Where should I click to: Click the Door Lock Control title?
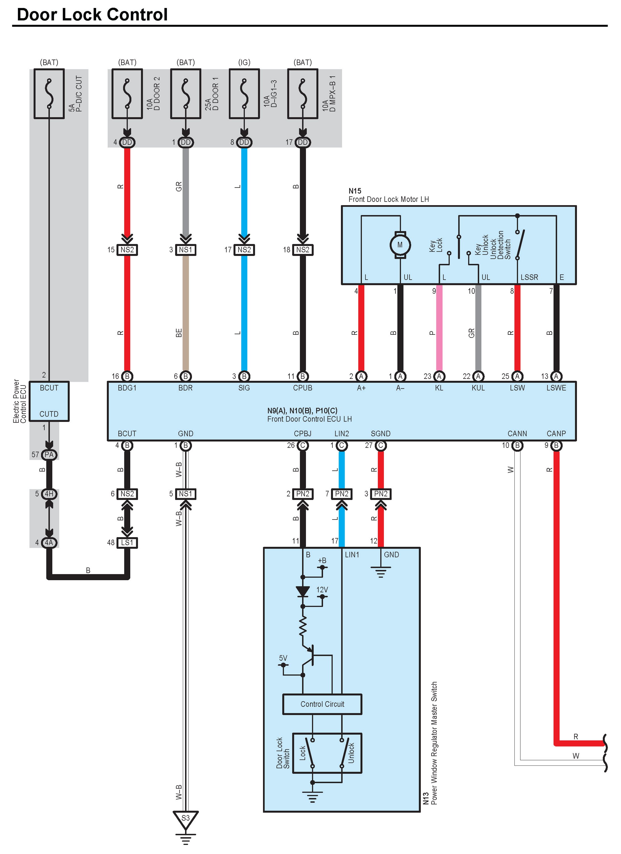pos(92,15)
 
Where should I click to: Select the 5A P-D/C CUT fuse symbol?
pos(49,94)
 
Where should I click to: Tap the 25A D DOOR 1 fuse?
pos(185,94)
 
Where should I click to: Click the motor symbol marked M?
pos(400,245)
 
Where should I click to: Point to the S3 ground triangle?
pos(185,820)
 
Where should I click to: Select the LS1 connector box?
pos(127,543)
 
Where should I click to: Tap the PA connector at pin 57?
pos(49,455)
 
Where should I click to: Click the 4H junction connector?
pos(49,494)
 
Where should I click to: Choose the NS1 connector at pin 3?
pos(185,250)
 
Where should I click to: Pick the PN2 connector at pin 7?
pos(341,494)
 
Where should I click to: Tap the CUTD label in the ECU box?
pos(49,414)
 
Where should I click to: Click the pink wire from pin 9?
pos(439,328)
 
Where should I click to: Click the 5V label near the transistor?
pos(283,658)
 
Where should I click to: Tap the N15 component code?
pos(355,191)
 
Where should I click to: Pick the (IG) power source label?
pos(244,62)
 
